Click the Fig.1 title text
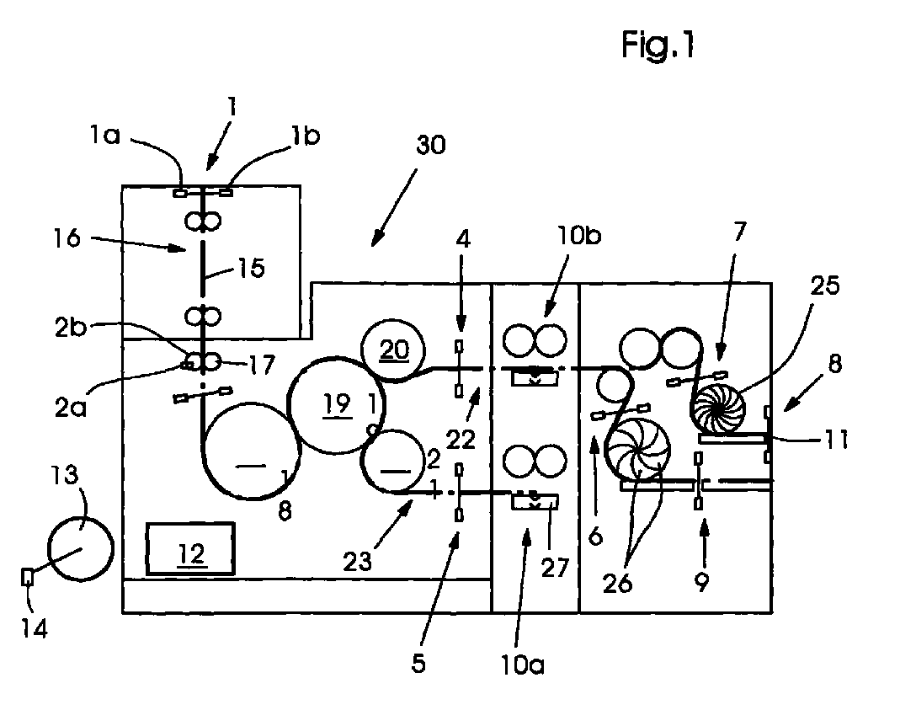point(658,45)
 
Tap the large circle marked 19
point(335,404)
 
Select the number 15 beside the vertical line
point(251,270)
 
